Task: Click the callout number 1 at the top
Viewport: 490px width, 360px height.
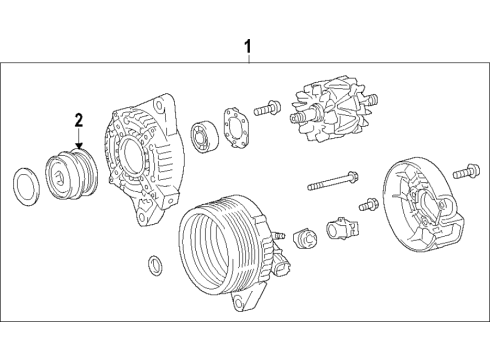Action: point(248,46)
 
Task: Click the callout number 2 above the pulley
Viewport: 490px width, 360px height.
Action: point(77,120)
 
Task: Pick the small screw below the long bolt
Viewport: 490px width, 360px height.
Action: point(367,204)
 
